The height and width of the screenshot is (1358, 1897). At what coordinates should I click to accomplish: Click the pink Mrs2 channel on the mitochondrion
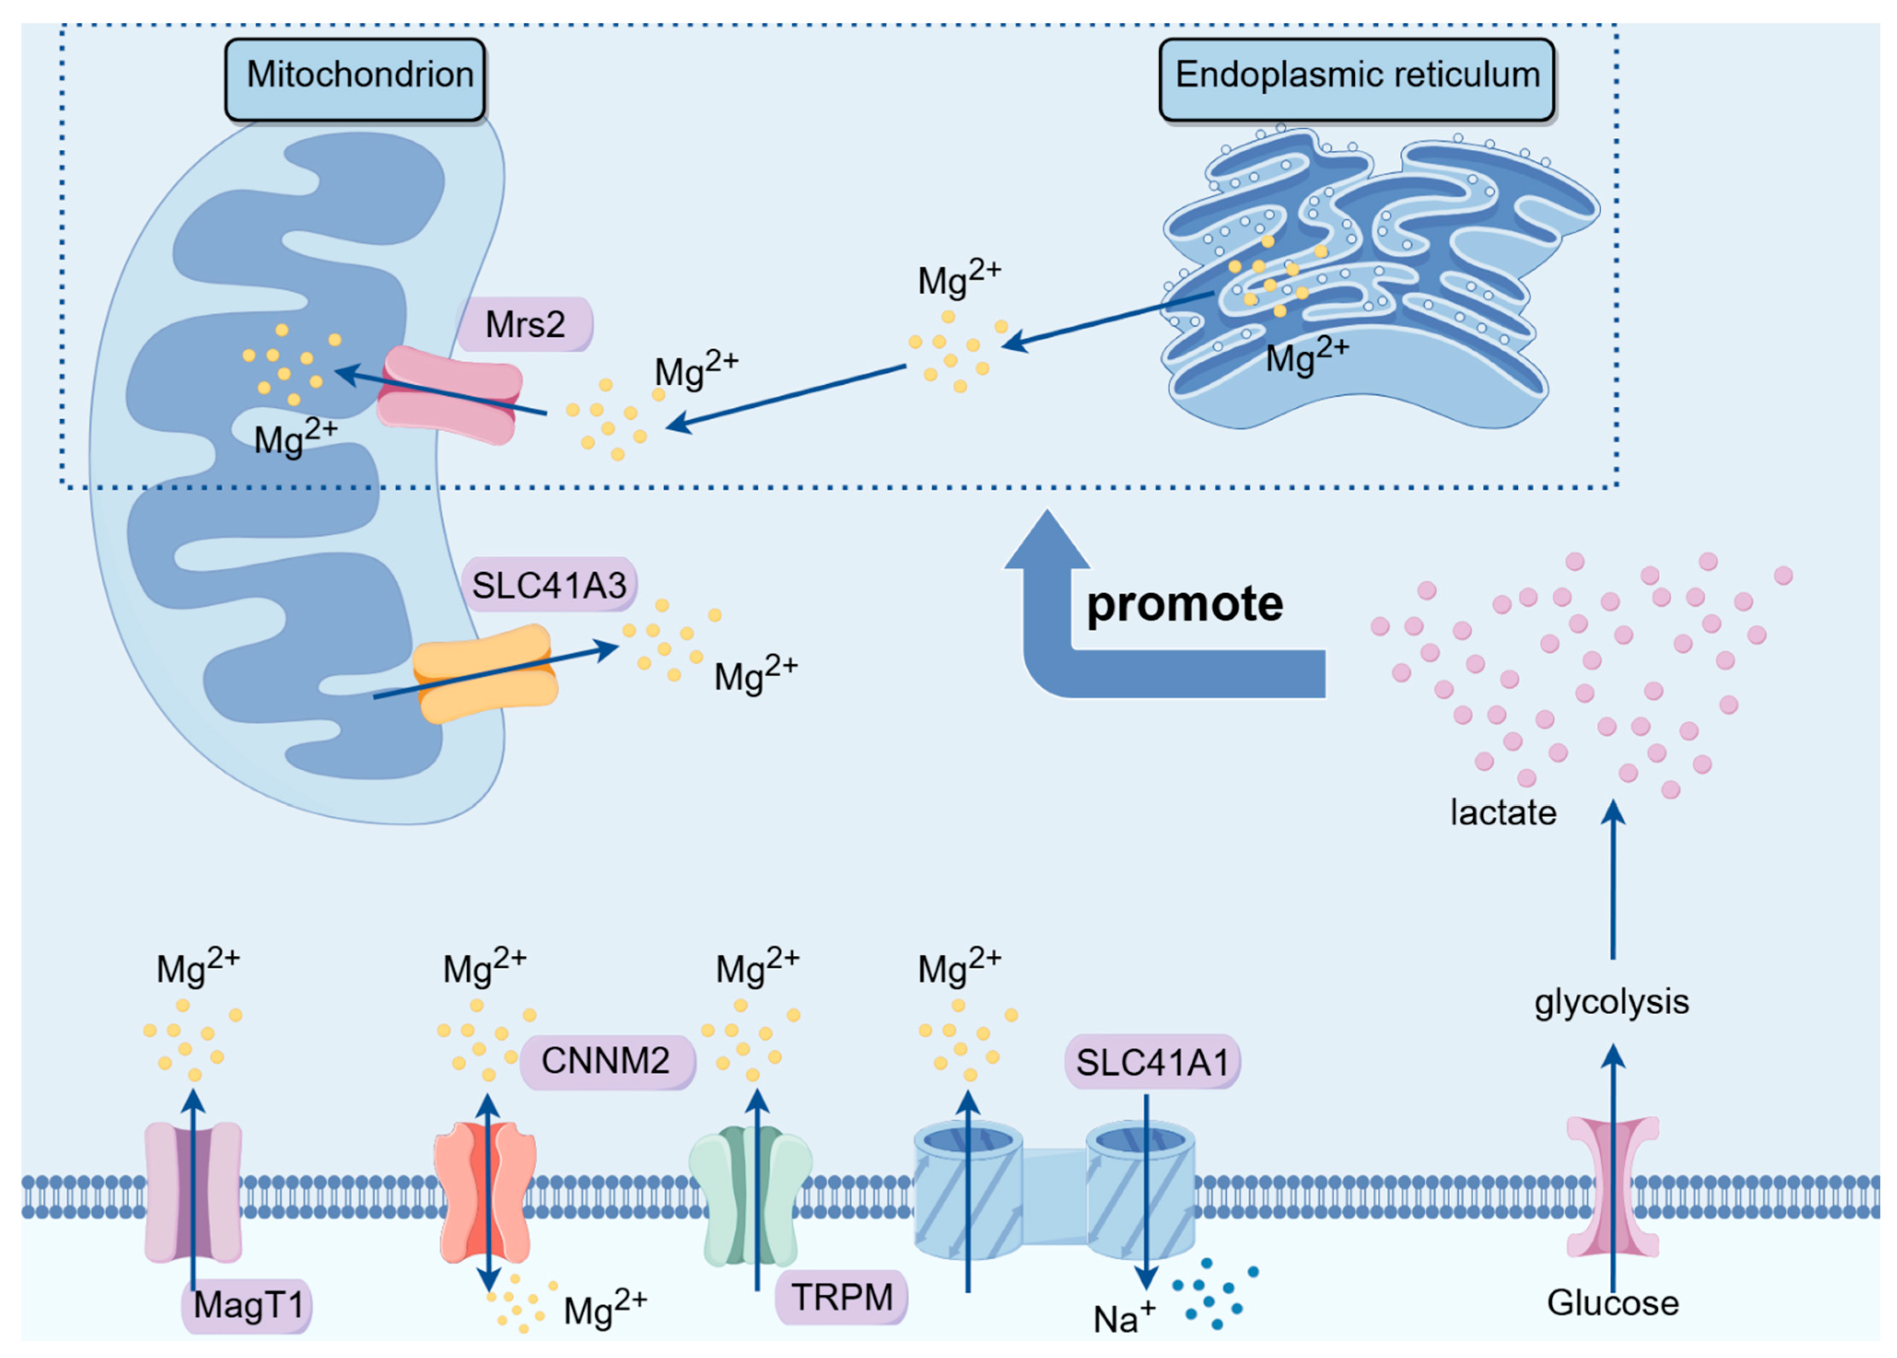(x=449, y=395)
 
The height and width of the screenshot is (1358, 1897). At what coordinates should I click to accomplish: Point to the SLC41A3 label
(x=549, y=584)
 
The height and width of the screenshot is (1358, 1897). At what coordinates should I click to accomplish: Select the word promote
(x=1184, y=604)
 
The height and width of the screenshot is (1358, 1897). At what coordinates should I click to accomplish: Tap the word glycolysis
(x=1611, y=1001)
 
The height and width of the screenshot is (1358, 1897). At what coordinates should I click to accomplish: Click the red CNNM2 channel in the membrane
(x=485, y=1192)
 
